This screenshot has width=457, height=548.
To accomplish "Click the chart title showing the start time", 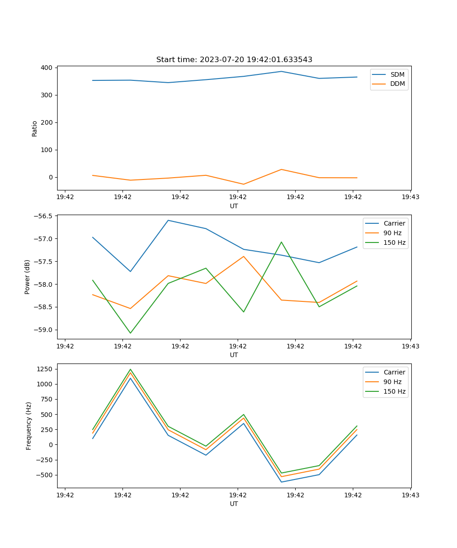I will (x=234, y=60).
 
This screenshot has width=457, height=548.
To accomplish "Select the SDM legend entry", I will (x=397, y=74).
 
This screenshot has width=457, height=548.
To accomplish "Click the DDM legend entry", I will (x=397, y=84).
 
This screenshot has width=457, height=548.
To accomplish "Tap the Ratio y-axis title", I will (x=35, y=129).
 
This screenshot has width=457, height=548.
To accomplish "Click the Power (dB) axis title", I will (x=27, y=277).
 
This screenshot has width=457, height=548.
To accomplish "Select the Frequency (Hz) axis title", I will (x=29, y=426).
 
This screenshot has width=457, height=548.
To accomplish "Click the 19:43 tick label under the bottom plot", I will (x=410, y=495).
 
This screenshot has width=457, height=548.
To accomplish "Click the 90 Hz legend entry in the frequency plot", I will (x=393, y=382).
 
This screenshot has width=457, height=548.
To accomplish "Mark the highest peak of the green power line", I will (x=281, y=242).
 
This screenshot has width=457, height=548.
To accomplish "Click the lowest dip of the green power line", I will (x=130, y=333).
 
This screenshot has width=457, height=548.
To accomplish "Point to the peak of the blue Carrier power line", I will (x=168, y=220).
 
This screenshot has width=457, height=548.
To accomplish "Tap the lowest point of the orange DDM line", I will (x=243, y=184).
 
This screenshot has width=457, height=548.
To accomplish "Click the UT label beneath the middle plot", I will (x=234, y=355).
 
